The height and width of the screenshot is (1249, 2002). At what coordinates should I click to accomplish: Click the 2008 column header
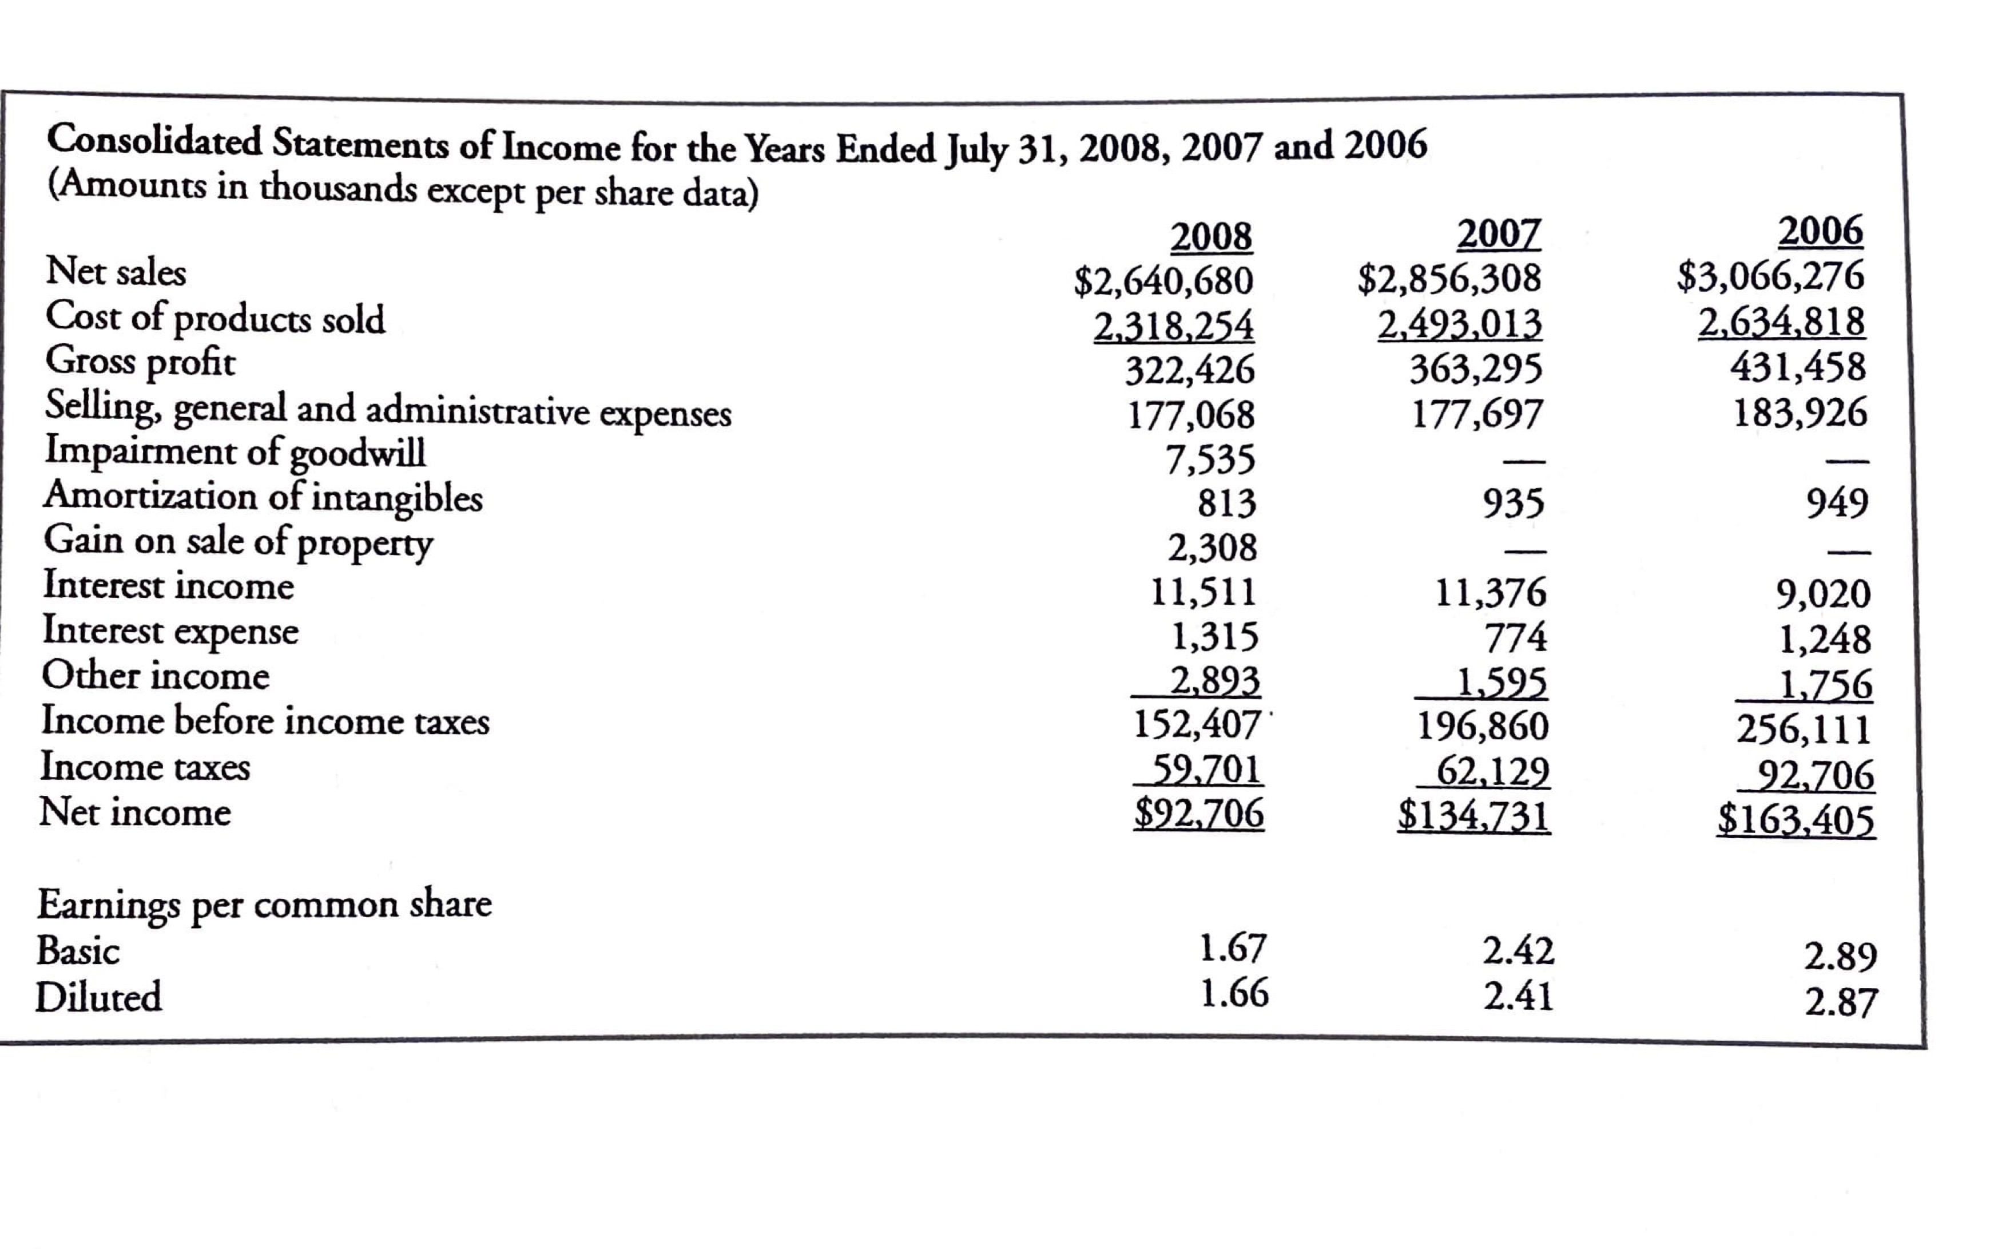pos(1211,238)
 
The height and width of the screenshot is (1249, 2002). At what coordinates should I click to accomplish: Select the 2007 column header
pos(1498,234)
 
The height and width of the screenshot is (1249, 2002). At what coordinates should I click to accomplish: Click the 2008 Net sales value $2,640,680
pos(1163,281)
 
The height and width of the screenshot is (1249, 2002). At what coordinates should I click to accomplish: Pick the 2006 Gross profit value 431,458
pos(1797,366)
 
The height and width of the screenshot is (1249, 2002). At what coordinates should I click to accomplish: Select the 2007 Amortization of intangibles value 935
pos(1512,502)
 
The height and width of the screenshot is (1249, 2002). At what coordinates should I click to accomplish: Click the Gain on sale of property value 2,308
pos(1211,547)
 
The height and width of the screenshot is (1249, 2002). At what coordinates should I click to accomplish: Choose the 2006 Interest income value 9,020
pos(1823,594)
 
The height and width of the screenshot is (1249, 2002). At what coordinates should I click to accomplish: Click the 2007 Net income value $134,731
pos(1473,816)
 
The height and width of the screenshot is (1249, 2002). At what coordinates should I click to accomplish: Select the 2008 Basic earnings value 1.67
pos(1232,947)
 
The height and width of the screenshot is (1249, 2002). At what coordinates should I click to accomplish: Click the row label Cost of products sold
pos(214,318)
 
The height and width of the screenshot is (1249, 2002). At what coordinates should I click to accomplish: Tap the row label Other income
pos(155,676)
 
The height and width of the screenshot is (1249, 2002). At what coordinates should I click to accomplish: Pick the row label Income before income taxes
pos(265,721)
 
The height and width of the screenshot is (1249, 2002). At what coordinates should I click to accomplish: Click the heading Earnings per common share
pos(264,903)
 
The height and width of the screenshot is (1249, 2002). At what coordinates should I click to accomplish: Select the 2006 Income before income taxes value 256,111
pos(1803,728)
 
